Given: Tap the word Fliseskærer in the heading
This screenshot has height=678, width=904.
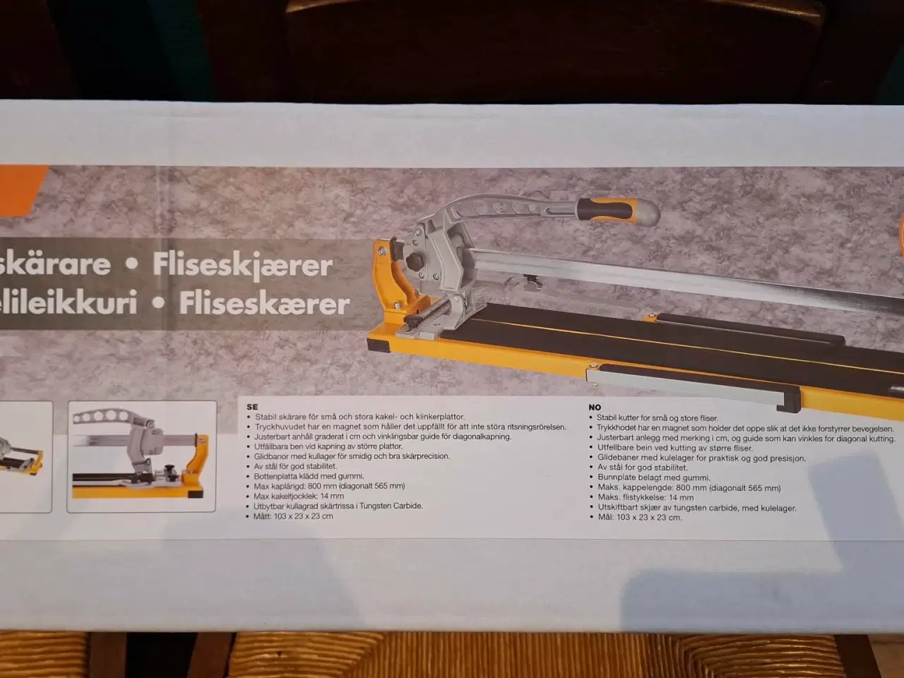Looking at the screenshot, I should click(x=265, y=304).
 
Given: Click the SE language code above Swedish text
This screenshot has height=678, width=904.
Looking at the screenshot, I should click(x=252, y=407).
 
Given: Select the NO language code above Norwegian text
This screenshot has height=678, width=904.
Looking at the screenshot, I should click(x=595, y=408).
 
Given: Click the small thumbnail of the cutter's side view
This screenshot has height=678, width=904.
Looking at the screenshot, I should click(x=141, y=456).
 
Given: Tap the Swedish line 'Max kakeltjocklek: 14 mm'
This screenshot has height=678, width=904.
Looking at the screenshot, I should click(x=299, y=496).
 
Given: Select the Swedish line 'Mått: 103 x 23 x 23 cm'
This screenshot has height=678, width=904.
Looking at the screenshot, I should click(x=293, y=516).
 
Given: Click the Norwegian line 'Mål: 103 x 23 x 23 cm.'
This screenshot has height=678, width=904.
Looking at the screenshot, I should click(x=639, y=518).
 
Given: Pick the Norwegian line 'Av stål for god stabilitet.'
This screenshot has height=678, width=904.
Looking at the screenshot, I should click(x=642, y=468).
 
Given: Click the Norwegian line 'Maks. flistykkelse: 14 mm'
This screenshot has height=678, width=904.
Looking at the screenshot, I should click(x=646, y=498).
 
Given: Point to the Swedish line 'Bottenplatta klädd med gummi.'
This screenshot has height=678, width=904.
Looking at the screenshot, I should click(x=309, y=476).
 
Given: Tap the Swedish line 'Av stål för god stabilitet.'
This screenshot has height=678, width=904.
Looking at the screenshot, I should click(x=295, y=466).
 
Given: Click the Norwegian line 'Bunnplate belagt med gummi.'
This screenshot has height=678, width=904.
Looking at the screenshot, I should click(x=653, y=477).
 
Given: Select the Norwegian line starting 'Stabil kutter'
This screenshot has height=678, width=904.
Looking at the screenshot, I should click(x=657, y=418).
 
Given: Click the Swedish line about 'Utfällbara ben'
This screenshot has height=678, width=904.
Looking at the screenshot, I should click(x=328, y=446).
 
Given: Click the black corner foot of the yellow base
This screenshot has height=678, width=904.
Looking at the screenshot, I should click(x=377, y=345).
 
